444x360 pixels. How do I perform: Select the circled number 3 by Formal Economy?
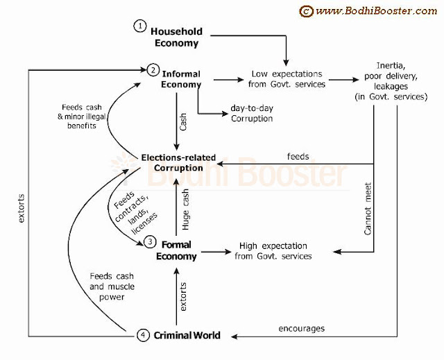151,242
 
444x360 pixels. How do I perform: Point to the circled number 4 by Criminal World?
142,336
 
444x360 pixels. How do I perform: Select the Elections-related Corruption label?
171,162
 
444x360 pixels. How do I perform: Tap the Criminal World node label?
187,336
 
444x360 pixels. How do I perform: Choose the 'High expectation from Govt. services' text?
273,250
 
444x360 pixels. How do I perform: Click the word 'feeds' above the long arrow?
298,157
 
